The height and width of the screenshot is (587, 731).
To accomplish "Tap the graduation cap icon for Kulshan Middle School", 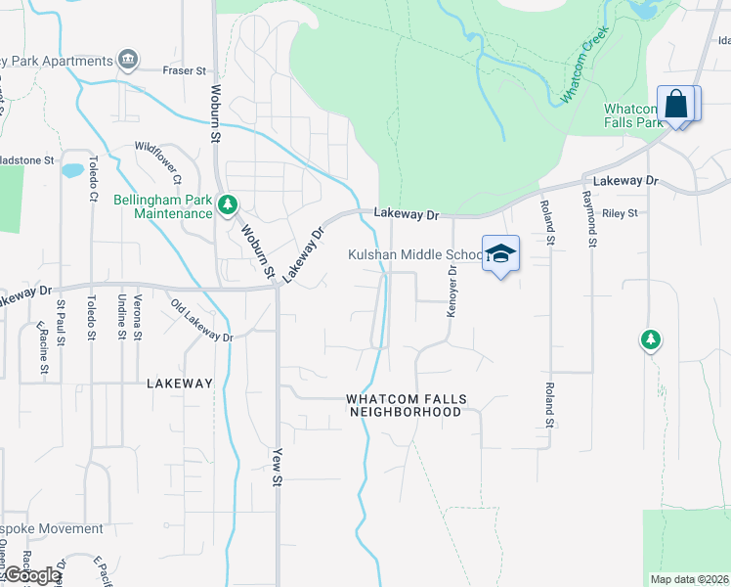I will [500, 254].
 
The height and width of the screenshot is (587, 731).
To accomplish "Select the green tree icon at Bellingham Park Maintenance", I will [228, 204].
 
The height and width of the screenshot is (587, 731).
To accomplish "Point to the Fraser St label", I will [184, 70].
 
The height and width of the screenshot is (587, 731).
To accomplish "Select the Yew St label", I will [277, 465].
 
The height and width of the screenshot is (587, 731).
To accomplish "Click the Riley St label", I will [620, 212].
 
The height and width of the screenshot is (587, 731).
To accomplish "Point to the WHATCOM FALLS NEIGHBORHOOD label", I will [406, 406].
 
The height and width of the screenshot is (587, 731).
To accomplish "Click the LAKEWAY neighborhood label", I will [179, 384].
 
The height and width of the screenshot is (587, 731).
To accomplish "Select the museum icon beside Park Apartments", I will [128, 61].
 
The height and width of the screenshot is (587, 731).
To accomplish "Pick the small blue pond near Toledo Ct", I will [72, 170].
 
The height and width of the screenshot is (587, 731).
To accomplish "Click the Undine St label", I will [121, 316].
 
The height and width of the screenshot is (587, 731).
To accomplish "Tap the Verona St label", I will [139, 316].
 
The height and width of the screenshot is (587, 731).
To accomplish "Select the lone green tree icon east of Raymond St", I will [650, 339].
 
